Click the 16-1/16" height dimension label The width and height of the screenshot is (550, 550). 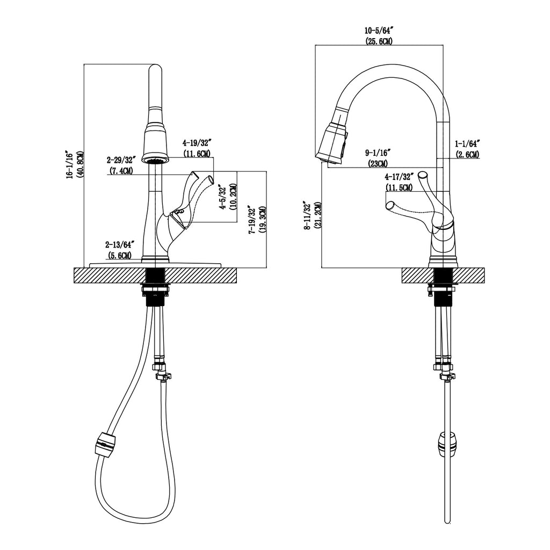click(70, 165)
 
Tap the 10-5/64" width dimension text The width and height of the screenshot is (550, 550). click(378, 31)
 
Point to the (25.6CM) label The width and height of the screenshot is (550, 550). click(379, 41)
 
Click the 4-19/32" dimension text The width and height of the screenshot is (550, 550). click(196, 143)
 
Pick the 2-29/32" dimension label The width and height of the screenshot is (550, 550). click(121, 160)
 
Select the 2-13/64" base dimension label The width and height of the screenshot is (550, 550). click(120, 244)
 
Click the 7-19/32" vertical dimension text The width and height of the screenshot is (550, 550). click(252, 220)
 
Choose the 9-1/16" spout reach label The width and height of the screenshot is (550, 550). click(378, 153)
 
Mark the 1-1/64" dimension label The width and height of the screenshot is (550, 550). click(467, 143)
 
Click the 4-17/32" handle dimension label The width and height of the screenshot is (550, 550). click(400, 177)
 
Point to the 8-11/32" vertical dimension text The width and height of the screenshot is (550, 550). click(307, 216)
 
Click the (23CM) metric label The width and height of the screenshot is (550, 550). click(378, 163)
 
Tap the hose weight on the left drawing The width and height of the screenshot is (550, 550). click(105, 445)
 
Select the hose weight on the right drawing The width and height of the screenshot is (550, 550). click(446, 444)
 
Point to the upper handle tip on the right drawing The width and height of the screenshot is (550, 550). click(423, 175)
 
